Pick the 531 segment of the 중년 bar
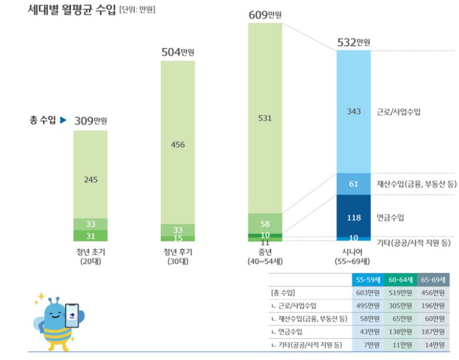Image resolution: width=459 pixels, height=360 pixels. coord(265,118)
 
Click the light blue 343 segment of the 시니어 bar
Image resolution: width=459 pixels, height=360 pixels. coord(353,112)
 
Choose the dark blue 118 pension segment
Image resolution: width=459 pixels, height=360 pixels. coord(353,218)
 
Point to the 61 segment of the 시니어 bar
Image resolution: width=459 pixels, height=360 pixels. coord(353,184)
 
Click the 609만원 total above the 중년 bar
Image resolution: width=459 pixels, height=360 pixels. coord(265,14)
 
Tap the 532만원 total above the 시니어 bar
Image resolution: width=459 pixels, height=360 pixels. coord(353,42)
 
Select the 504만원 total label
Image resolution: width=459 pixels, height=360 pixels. coord(178,52)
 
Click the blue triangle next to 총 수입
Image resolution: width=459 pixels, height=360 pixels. coord(63,120)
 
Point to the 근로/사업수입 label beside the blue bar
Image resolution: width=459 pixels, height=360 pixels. coord(398,112)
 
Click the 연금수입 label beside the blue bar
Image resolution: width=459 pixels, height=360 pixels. coord(391,218)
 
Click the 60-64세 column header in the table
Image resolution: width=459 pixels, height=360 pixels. coord(400,280)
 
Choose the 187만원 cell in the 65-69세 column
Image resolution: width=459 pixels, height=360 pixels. coord(433,331)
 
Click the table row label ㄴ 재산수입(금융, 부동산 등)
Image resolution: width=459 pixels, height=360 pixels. coord(309,318)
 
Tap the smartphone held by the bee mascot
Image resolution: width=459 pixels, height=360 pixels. coord(72,315)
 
